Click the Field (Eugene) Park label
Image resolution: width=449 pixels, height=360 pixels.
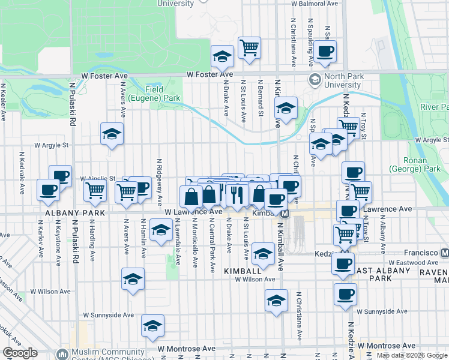pos(162,93)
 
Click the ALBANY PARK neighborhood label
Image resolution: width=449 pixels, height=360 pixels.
pos(67,213)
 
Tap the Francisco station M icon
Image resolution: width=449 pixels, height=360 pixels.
pos(445,253)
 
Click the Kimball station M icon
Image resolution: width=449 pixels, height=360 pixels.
pos(286,214)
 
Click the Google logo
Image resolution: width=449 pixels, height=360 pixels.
pos(20,353)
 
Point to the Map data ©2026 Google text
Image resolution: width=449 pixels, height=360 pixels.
pos(412,355)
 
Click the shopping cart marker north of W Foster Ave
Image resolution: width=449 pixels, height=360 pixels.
pos(249,48)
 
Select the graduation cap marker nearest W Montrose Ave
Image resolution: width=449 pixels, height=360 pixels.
pos(153,326)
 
